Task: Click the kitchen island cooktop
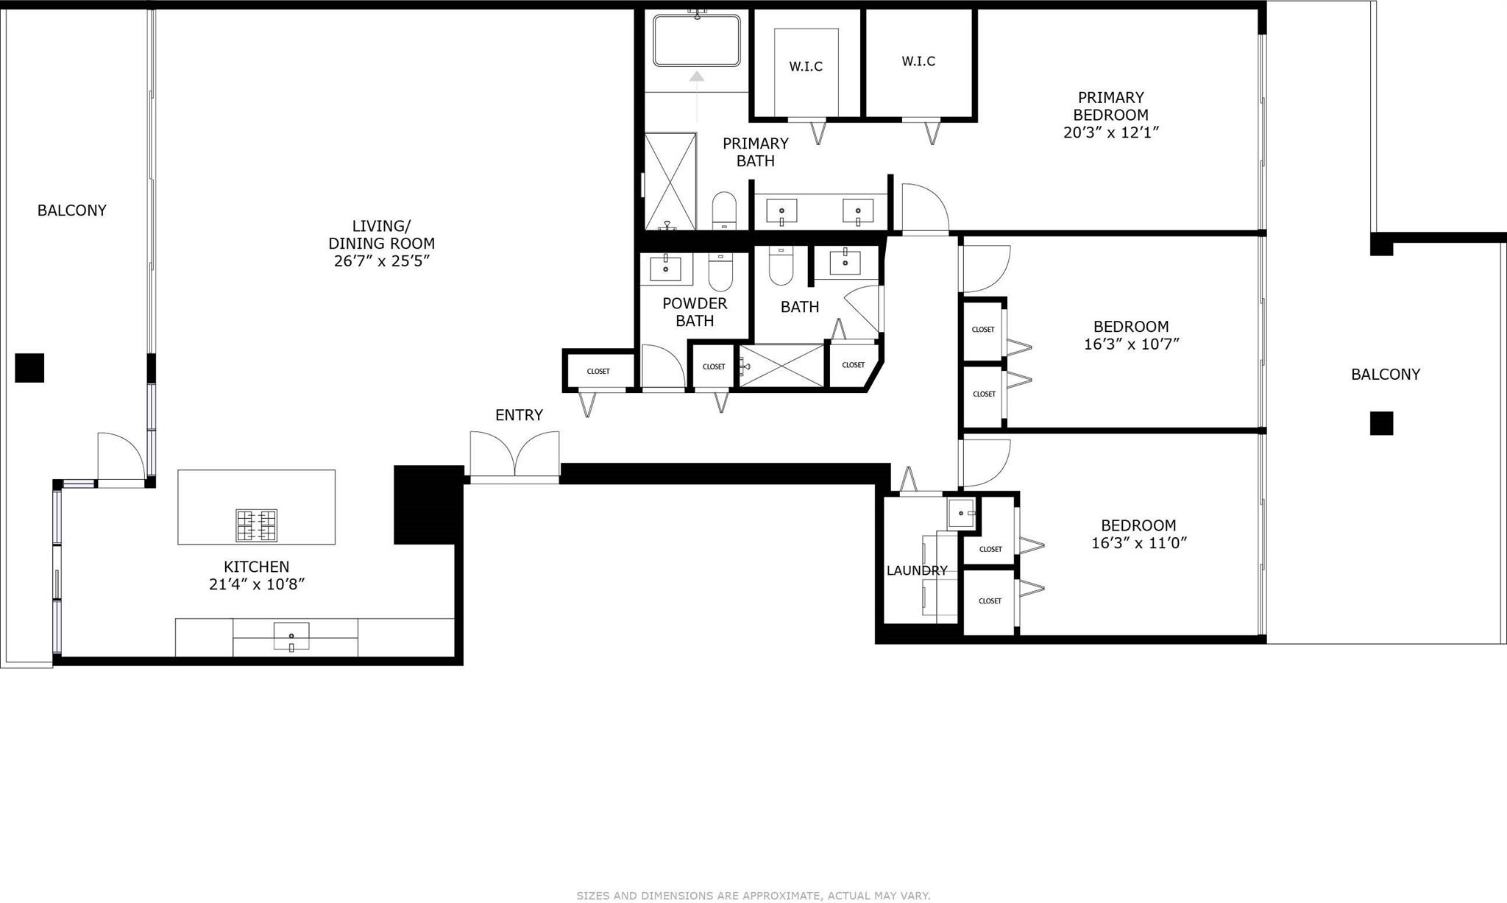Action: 257,525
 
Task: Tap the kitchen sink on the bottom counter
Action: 291,637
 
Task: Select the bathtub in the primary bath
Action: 696,40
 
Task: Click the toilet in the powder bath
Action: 720,272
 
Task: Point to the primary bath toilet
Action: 724,210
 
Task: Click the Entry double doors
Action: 515,457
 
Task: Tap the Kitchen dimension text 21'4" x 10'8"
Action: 257,584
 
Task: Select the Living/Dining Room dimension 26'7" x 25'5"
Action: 381,261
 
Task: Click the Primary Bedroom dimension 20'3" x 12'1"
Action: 1111,132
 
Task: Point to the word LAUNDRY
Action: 917,570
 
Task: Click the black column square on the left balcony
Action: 29,368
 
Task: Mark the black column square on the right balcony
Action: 1381,423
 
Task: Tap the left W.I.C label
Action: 806,66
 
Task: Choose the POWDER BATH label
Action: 695,312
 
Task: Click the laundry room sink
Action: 961,513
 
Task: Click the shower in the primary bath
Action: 670,181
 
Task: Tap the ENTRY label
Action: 519,415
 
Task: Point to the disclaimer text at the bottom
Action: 753,896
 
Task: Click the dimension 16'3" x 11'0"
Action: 1138,543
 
